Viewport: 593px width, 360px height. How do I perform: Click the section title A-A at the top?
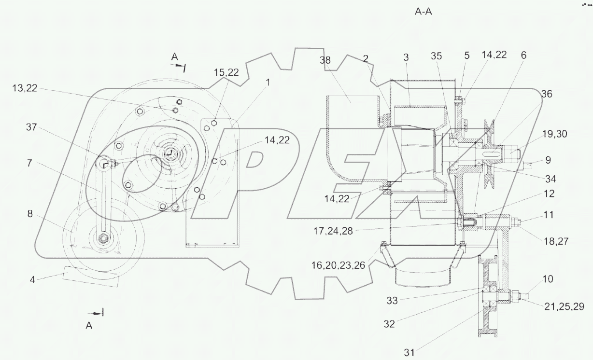423,12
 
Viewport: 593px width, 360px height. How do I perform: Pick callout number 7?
29,164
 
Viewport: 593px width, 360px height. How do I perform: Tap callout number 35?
437,55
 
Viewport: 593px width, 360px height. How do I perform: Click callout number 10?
548,279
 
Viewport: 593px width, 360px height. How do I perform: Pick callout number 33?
392,301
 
